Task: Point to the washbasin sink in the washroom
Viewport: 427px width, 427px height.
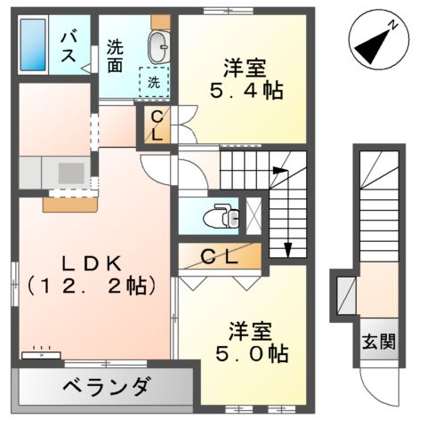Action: coord(159,44)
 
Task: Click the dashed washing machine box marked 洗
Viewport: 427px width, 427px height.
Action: coord(154,82)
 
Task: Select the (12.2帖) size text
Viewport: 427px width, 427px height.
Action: coord(91,286)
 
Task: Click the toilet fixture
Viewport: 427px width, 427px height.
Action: coord(219,214)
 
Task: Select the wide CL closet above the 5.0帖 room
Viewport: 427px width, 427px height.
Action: coord(219,259)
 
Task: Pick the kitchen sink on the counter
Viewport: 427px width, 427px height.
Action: coord(68,170)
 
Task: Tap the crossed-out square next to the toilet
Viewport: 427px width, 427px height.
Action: coord(254,213)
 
